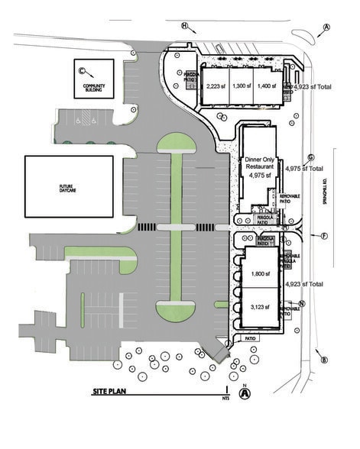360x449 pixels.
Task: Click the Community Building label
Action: click(93, 88)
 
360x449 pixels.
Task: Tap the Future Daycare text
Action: click(70, 187)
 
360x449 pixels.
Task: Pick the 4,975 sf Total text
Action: click(304, 168)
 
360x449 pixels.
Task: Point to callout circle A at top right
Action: click(327, 27)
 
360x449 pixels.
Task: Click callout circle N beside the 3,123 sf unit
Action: click(302, 303)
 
